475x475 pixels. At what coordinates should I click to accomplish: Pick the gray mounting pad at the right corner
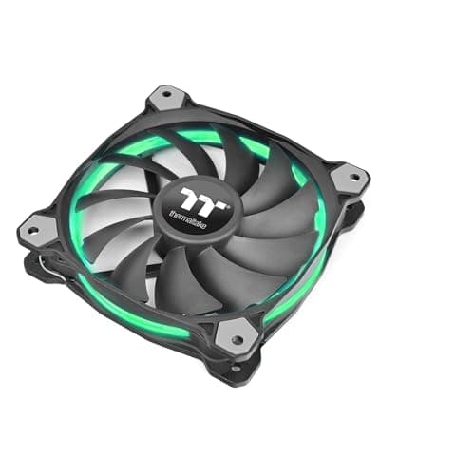[x=350, y=177]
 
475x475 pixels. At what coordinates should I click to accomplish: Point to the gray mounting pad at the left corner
[x=40, y=227]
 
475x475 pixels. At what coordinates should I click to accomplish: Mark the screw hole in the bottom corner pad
[x=236, y=334]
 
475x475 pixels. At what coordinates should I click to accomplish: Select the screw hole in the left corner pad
[x=39, y=228]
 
